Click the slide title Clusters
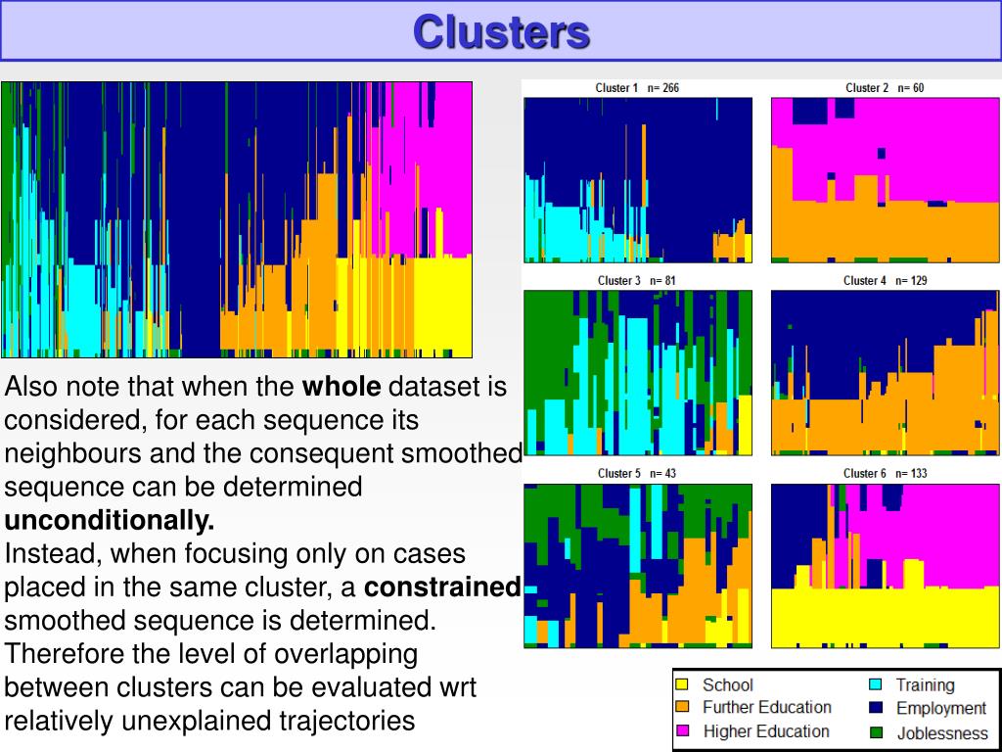tap(501, 31)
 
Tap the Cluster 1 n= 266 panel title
tap(637, 88)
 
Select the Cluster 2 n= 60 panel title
tap(885, 88)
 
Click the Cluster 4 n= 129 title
tap(886, 281)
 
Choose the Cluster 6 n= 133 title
tap(886, 474)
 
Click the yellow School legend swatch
tap(683, 684)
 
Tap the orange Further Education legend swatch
tap(683, 707)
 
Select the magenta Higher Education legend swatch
tap(683, 730)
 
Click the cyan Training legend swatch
tap(876, 684)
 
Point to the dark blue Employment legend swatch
tap(876, 707)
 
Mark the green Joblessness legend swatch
tap(876, 731)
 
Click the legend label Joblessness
tap(942, 732)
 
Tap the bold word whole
tap(342, 387)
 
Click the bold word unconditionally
tap(110, 519)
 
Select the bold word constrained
tap(442, 587)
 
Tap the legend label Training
tap(925, 685)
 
